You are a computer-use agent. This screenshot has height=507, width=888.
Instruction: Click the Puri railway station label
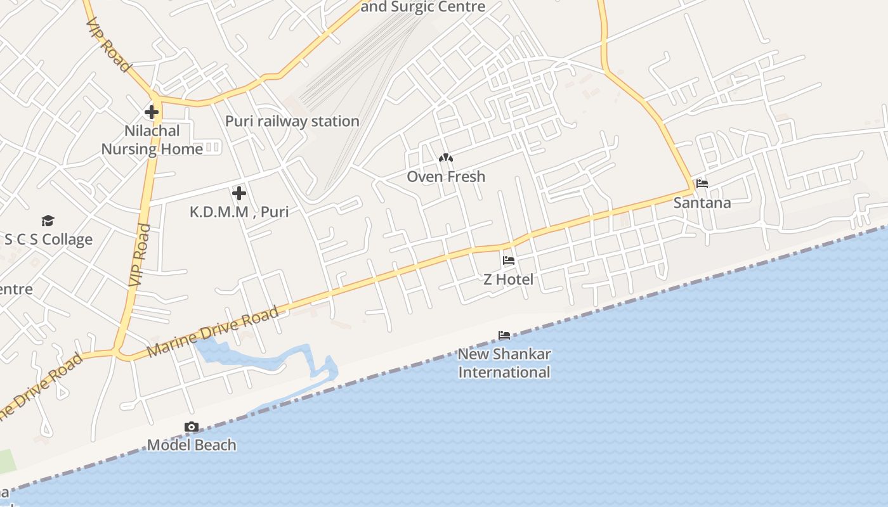coord(292,121)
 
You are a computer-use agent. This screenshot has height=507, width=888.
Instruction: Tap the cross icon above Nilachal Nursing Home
coord(152,113)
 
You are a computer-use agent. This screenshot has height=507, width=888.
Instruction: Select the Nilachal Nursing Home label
coord(152,140)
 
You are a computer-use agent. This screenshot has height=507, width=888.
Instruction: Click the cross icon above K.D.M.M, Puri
coord(239,193)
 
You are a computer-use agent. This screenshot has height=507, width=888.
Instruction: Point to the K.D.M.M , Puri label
coord(239,212)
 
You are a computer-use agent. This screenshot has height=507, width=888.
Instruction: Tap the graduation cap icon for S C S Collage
coord(48,221)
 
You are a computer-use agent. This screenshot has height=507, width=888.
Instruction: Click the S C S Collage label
coord(48,240)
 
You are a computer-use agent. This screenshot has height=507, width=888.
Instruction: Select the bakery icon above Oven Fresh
coord(446,158)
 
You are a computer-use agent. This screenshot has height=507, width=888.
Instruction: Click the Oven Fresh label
coord(446,177)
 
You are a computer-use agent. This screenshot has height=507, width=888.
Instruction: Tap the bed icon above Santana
coord(702,184)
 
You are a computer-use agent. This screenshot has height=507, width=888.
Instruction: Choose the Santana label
coord(702,203)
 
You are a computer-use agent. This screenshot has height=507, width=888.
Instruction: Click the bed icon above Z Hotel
coord(509,260)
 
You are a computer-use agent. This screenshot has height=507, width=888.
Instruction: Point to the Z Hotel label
coord(509,279)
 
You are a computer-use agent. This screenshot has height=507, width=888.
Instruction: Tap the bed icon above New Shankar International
coord(504,335)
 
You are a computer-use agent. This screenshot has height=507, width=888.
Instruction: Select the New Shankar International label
coord(504,363)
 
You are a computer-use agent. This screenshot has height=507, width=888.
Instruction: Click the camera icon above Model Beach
coord(192,427)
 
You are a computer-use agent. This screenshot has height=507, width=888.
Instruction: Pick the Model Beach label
coord(192,445)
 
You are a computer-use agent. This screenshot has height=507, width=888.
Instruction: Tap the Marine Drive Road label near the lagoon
coord(213,331)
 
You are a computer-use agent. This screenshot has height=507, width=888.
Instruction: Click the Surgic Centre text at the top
coord(423,7)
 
